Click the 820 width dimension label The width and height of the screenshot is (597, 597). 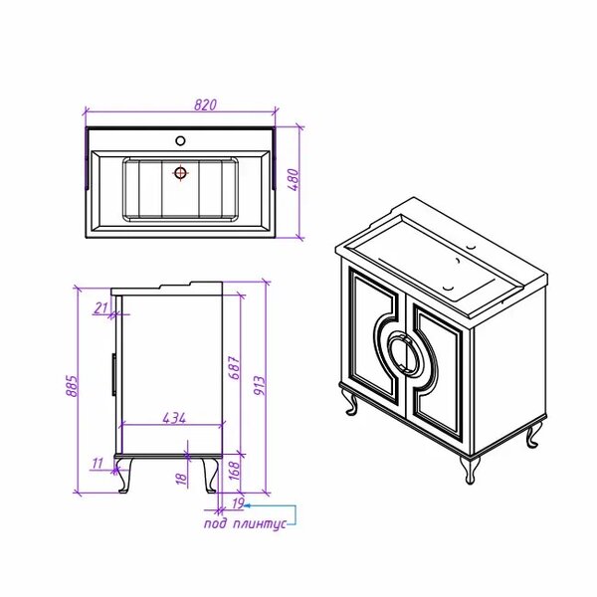click(205, 104)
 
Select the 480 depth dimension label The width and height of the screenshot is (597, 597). click(295, 180)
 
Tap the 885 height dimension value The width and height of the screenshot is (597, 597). click(72, 386)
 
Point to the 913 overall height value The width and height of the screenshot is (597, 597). click(259, 385)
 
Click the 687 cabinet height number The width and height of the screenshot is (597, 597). click(235, 368)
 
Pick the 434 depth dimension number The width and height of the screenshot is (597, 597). click(174, 418)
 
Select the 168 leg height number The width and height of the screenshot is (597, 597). click(235, 471)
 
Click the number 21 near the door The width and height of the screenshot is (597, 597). click(100, 307)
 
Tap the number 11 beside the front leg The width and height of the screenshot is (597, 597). click(98, 464)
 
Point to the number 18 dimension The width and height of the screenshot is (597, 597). click(182, 478)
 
